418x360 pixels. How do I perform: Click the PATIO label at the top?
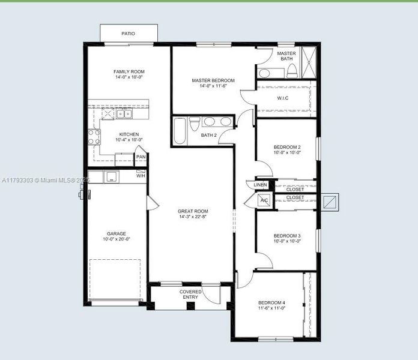pyautogui.click(x=128, y=34)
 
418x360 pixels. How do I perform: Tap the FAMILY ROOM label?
pyautogui.click(x=129, y=72)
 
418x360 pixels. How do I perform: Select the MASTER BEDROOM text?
pyautogui.click(x=213, y=80)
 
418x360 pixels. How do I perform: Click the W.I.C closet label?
pyautogui.click(x=284, y=98)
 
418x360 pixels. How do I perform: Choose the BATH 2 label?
pyautogui.click(x=208, y=135)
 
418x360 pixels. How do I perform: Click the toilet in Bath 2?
pyautogui.click(x=194, y=124)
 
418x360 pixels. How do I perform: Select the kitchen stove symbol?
pyautogui.click(x=94, y=137)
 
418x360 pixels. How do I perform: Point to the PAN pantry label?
pyautogui.click(x=141, y=157)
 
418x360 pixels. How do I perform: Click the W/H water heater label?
pyautogui.click(x=141, y=176)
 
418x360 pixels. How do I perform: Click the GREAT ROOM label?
pyautogui.click(x=193, y=211)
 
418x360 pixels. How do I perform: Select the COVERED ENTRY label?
pyautogui.click(x=190, y=295)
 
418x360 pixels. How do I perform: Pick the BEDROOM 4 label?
pyautogui.click(x=271, y=302)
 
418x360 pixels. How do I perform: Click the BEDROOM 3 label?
pyautogui.click(x=286, y=236)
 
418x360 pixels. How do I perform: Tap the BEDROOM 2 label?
pyautogui.click(x=286, y=147)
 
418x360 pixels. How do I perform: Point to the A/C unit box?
pyautogui.click(x=264, y=200)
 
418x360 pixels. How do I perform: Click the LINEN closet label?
pyautogui.click(x=260, y=185)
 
